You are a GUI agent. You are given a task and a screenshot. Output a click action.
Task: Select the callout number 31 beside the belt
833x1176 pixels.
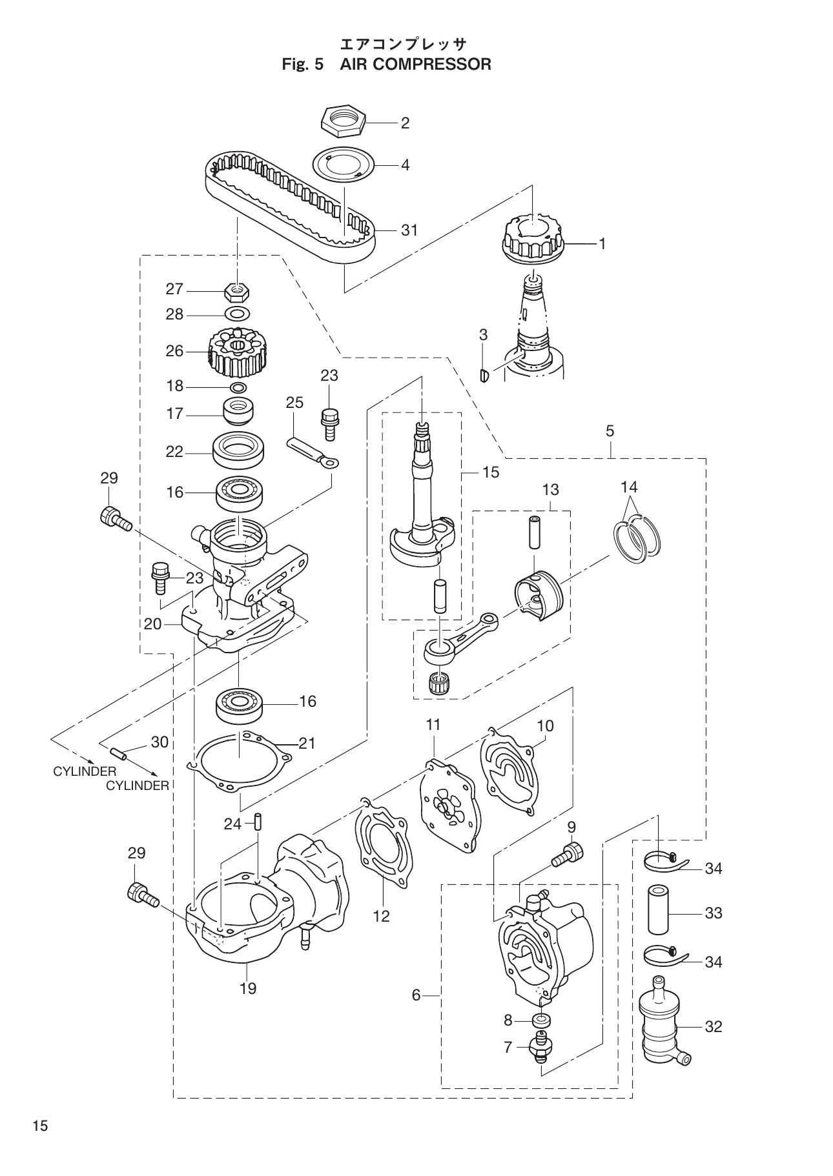pyautogui.click(x=409, y=230)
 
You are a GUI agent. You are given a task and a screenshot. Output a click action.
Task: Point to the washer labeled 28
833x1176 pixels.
pyautogui.click(x=237, y=314)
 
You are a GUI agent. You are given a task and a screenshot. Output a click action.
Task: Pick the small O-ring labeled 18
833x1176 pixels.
pyautogui.click(x=238, y=387)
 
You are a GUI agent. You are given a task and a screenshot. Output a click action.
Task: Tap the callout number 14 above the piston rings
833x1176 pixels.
pyautogui.click(x=629, y=486)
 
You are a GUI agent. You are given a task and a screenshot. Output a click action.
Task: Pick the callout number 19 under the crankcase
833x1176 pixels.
pyautogui.click(x=248, y=988)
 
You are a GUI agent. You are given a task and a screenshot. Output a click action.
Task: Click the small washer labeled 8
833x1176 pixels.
pyautogui.click(x=540, y=1020)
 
